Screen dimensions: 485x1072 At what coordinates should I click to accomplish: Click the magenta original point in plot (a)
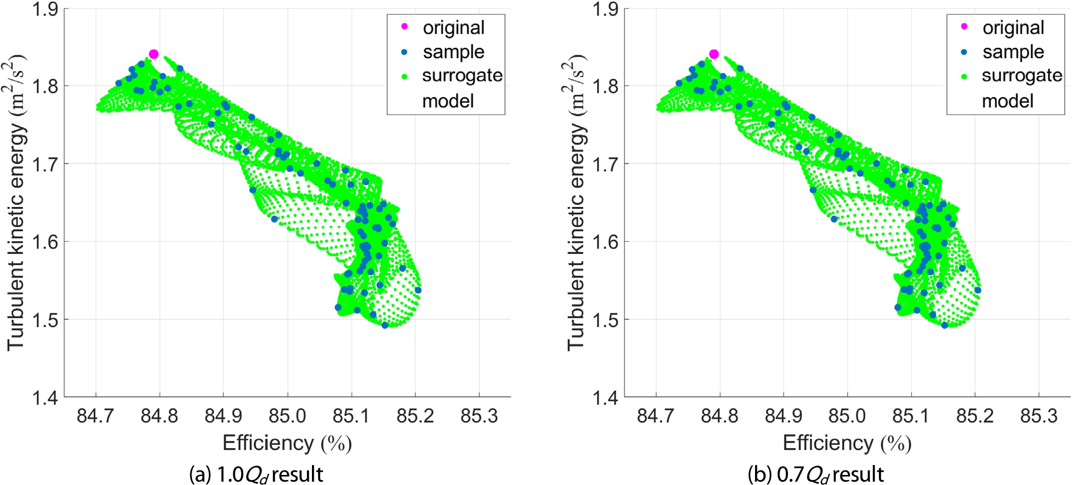tap(153, 54)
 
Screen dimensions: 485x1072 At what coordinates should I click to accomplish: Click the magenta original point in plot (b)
tap(714, 54)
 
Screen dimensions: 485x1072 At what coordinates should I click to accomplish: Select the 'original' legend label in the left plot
tap(453, 27)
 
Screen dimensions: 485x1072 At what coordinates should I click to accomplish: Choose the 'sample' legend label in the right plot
tap(1013, 52)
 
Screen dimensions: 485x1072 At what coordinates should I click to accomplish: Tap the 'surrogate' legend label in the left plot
tap(462, 75)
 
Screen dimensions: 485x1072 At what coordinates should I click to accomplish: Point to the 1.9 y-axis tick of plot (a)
tap(45, 9)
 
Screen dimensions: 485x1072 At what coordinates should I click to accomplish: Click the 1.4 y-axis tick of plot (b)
tap(604, 398)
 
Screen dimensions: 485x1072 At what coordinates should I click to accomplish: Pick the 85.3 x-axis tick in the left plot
tap(479, 416)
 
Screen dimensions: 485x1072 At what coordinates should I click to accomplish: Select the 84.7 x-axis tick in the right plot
tap(656, 416)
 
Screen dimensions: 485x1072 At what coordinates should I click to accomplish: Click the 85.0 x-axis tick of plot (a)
tap(287, 416)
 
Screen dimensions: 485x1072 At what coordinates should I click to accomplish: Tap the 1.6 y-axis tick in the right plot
tap(604, 242)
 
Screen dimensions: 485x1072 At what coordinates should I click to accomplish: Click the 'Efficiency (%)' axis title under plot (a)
tap(287, 443)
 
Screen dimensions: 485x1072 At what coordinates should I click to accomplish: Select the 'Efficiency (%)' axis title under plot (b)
tap(847, 443)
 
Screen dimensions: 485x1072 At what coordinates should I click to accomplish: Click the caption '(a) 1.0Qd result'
tap(256, 474)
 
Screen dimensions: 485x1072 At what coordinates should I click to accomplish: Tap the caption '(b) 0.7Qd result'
tap(815, 474)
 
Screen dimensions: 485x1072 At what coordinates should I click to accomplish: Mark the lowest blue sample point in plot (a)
tap(384, 325)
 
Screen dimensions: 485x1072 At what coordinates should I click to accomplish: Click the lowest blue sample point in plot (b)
tap(945, 325)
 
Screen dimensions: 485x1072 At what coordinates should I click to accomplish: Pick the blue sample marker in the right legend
tap(964, 52)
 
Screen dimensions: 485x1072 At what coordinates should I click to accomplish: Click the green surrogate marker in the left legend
tap(404, 76)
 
